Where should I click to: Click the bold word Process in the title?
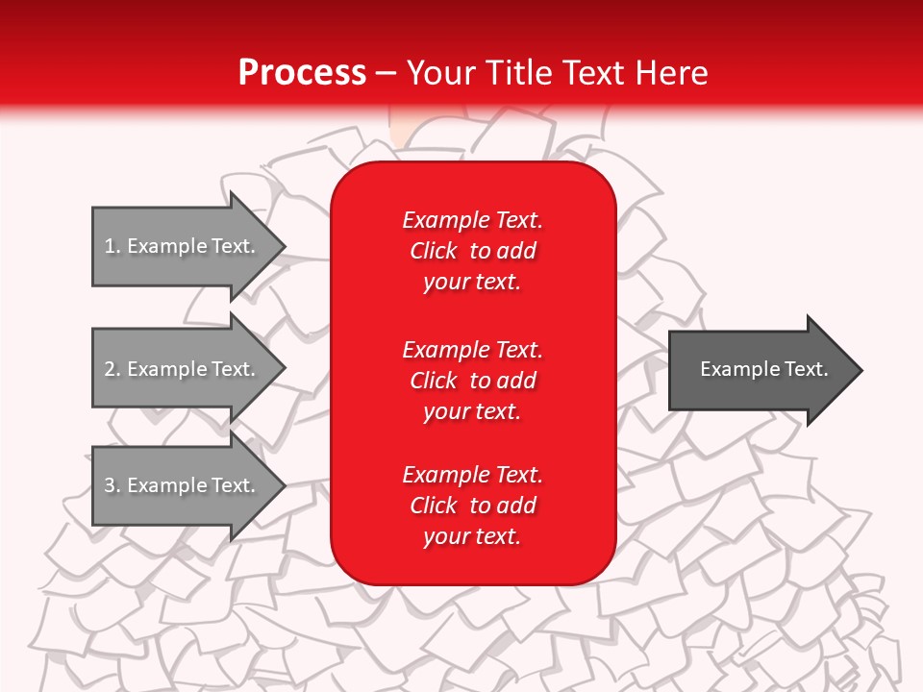[302, 73]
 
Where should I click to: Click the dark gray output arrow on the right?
[760, 370]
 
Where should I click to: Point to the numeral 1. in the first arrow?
[112, 246]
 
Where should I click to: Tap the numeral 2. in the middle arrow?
[112, 369]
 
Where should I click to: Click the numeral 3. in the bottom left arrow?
[112, 485]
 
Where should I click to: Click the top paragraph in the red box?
[472, 251]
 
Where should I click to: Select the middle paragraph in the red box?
[472, 381]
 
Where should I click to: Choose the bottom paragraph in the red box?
[472, 506]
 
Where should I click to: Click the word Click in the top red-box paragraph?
[434, 251]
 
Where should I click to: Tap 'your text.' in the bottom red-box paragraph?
[472, 536]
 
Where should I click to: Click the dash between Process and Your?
[386, 73]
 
